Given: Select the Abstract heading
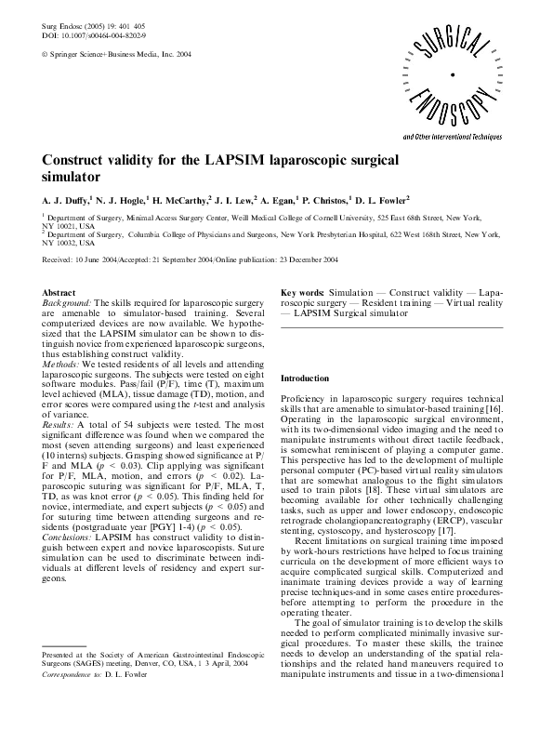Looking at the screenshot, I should coord(59,292).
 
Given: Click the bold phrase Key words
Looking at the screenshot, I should coord(302,292).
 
